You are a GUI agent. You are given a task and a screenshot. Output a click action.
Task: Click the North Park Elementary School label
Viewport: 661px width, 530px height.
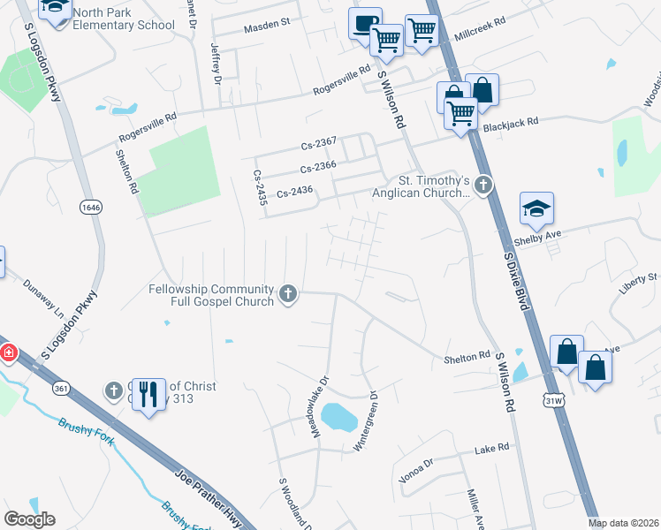123,19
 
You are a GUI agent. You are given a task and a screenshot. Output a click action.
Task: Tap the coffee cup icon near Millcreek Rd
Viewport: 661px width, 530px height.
364,23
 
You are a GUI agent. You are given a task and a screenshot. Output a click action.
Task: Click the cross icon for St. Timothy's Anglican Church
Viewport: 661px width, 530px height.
482,185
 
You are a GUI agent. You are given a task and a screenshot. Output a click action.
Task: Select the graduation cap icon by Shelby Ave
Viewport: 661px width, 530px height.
536,209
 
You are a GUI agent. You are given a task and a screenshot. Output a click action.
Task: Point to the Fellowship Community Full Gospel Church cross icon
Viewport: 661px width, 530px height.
288,294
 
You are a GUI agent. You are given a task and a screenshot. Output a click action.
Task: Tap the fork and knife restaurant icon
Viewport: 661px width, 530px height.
149,394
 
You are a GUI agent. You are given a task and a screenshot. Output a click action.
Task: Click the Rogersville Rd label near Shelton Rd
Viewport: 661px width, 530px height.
148,127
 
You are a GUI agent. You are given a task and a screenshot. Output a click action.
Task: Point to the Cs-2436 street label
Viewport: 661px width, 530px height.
296,193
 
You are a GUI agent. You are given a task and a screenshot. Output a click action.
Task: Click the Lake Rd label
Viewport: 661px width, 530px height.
491,449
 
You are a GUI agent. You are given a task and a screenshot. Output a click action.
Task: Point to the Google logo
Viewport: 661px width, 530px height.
29,519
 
